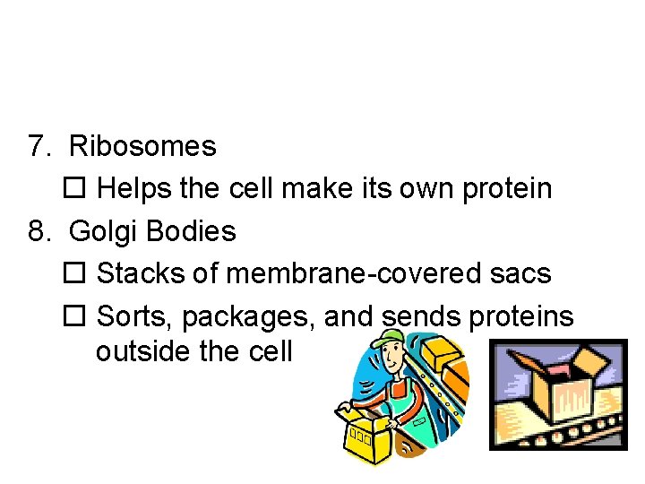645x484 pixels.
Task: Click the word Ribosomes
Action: tap(142, 146)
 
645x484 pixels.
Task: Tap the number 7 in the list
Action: tap(37, 146)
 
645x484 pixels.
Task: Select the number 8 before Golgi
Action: tap(37, 231)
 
